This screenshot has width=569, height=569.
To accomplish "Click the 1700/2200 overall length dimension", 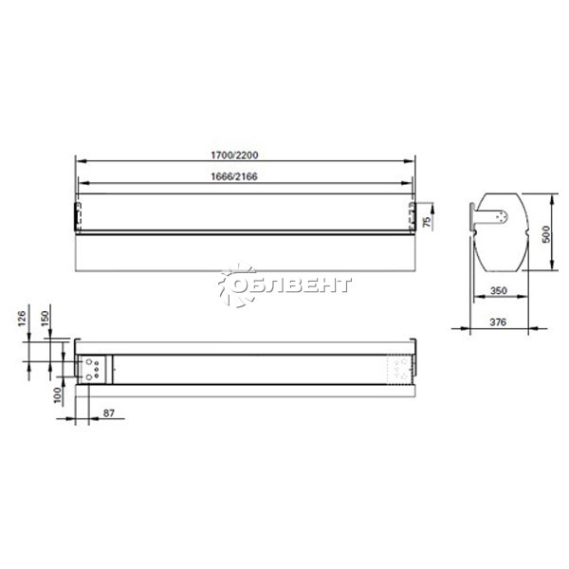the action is pyautogui.click(x=234, y=156).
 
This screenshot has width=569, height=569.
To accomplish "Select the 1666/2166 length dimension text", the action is pyautogui.click(x=234, y=176).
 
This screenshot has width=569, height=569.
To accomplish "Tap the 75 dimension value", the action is pyautogui.click(x=428, y=222).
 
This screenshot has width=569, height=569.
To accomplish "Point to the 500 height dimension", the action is pyautogui.click(x=546, y=233).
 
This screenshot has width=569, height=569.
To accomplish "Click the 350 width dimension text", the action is pyautogui.click(x=498, y=291).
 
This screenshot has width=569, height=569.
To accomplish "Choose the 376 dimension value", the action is pyautogui.click(x=498, y=321).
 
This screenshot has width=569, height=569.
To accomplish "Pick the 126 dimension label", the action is pyautogui.click(x=22, y=319).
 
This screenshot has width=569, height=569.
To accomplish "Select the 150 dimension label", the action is pyautogui.click(x=45, y=319).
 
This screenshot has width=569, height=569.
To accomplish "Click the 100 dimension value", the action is pyautogui.click(x=57, y=395).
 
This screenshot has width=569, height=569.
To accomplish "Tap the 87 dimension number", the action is pyautogui.click(x=109, y=413).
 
